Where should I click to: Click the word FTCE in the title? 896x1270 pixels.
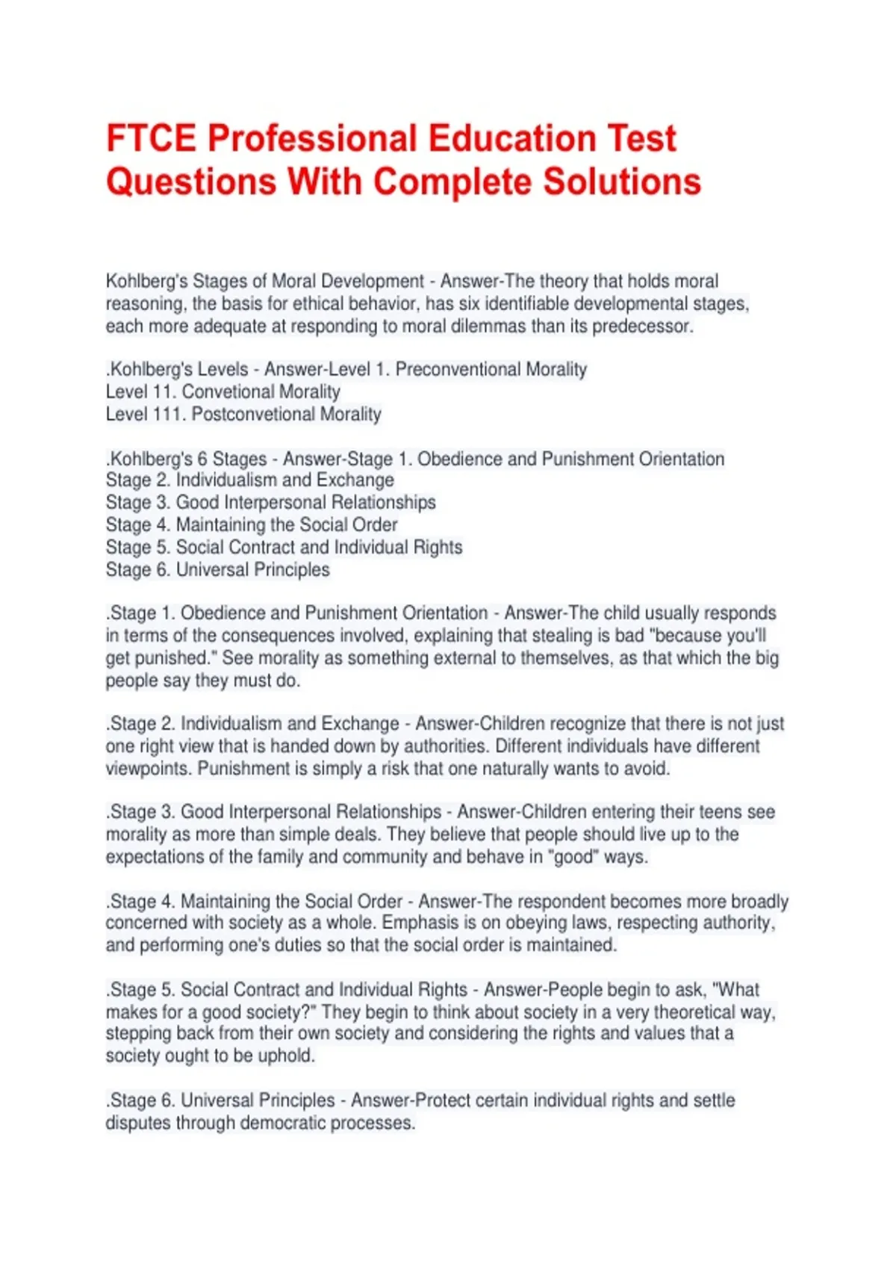152,139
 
